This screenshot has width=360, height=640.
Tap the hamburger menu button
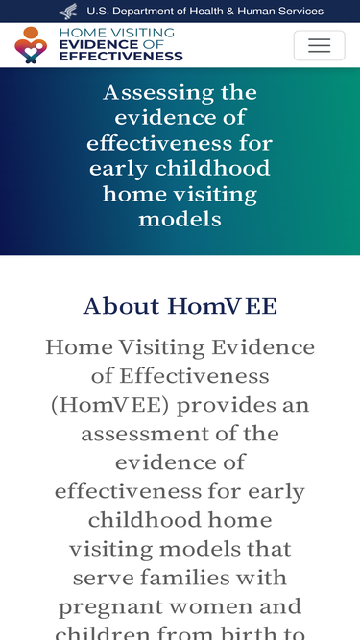[319, 45]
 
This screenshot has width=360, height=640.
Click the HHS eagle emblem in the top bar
[68, 11]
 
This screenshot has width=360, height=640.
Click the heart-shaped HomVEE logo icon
[31, 45]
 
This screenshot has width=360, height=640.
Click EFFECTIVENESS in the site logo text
[121, 56]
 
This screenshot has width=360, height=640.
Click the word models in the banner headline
[180, 219]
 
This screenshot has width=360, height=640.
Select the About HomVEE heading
[180, 306]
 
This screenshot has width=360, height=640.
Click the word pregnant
[110, 607]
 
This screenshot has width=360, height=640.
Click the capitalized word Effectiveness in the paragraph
[194, 376]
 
